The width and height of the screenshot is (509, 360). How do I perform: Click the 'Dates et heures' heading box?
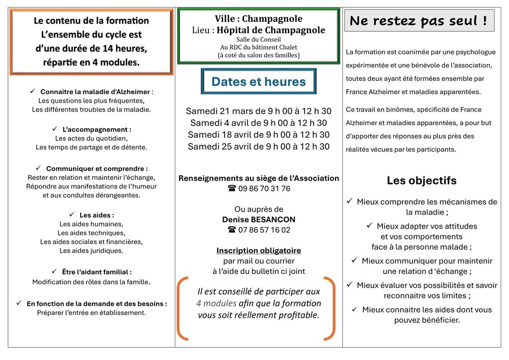tap(258, 82)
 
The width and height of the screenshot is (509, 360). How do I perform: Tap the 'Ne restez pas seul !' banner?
tap(419, 21)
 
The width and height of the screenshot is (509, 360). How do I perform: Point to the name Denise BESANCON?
tap(258, 219)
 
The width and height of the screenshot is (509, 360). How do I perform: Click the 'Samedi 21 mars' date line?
tap(258, 111)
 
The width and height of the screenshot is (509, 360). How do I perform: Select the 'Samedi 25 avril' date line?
tap(258, 147)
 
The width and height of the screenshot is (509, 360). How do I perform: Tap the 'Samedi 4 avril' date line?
tap(258, 123)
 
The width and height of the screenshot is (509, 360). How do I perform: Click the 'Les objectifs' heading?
tap(422, 180)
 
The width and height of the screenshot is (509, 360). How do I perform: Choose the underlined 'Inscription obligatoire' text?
tap(258, 251)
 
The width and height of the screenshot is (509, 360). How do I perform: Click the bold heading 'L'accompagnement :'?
tap(97, 129)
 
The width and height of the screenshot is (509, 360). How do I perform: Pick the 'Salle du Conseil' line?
tap(258, 40)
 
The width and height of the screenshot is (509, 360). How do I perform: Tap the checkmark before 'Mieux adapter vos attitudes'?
tap(369, 226)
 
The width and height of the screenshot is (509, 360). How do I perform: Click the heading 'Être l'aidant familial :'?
tap(96, 272)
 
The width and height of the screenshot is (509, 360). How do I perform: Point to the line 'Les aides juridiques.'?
tap(91, 251)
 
